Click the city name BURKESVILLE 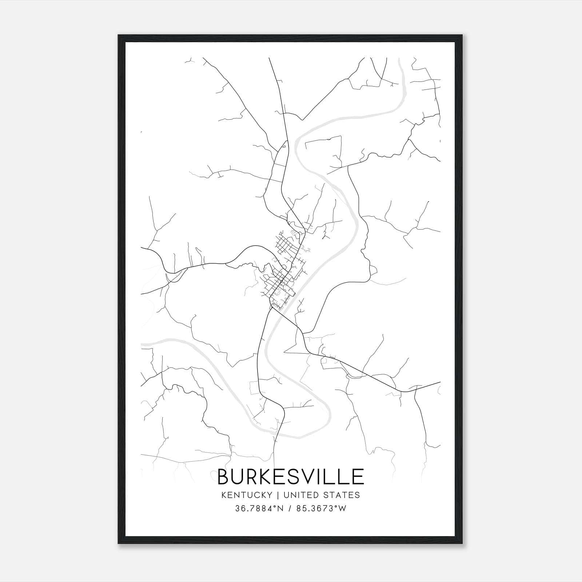click(x=291, y=477)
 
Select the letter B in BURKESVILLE click(x=223, y=477)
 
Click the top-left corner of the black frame click(x=119, y=35)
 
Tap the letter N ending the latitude click(x=279, y=509)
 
